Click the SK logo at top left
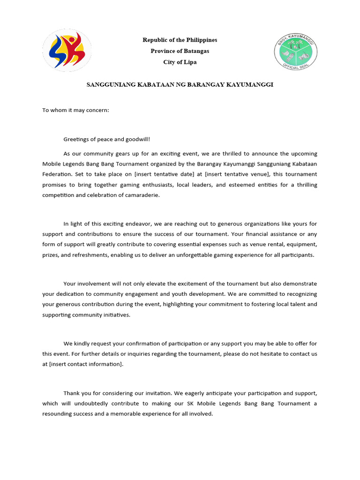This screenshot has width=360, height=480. [67, 51]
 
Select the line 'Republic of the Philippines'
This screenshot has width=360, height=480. [180, 40]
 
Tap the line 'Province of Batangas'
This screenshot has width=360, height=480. [180, 51]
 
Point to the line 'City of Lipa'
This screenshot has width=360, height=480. [180, 62]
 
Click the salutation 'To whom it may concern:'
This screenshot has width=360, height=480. [75, 111]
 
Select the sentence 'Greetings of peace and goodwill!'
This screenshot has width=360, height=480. [107, 139]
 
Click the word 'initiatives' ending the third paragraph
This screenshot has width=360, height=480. [114, 315]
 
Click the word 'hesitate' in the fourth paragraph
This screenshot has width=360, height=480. [265, 354]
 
